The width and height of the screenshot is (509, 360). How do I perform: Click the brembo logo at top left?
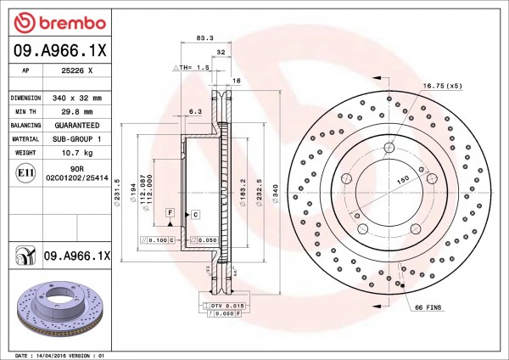point(60,23)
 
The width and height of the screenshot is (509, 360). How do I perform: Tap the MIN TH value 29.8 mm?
point(77,112)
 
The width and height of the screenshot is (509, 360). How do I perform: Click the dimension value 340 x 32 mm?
point(77,98)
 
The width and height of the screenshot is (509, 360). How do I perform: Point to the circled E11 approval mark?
point(25,172)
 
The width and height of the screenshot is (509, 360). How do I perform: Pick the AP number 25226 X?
point(77,70)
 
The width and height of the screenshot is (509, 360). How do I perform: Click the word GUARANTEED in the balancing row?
point(77,126)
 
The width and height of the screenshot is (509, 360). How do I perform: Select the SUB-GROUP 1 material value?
point(77,139)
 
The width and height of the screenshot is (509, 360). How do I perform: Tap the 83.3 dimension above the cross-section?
point(204,37)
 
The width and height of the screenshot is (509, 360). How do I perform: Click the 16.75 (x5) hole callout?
point(442,86)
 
